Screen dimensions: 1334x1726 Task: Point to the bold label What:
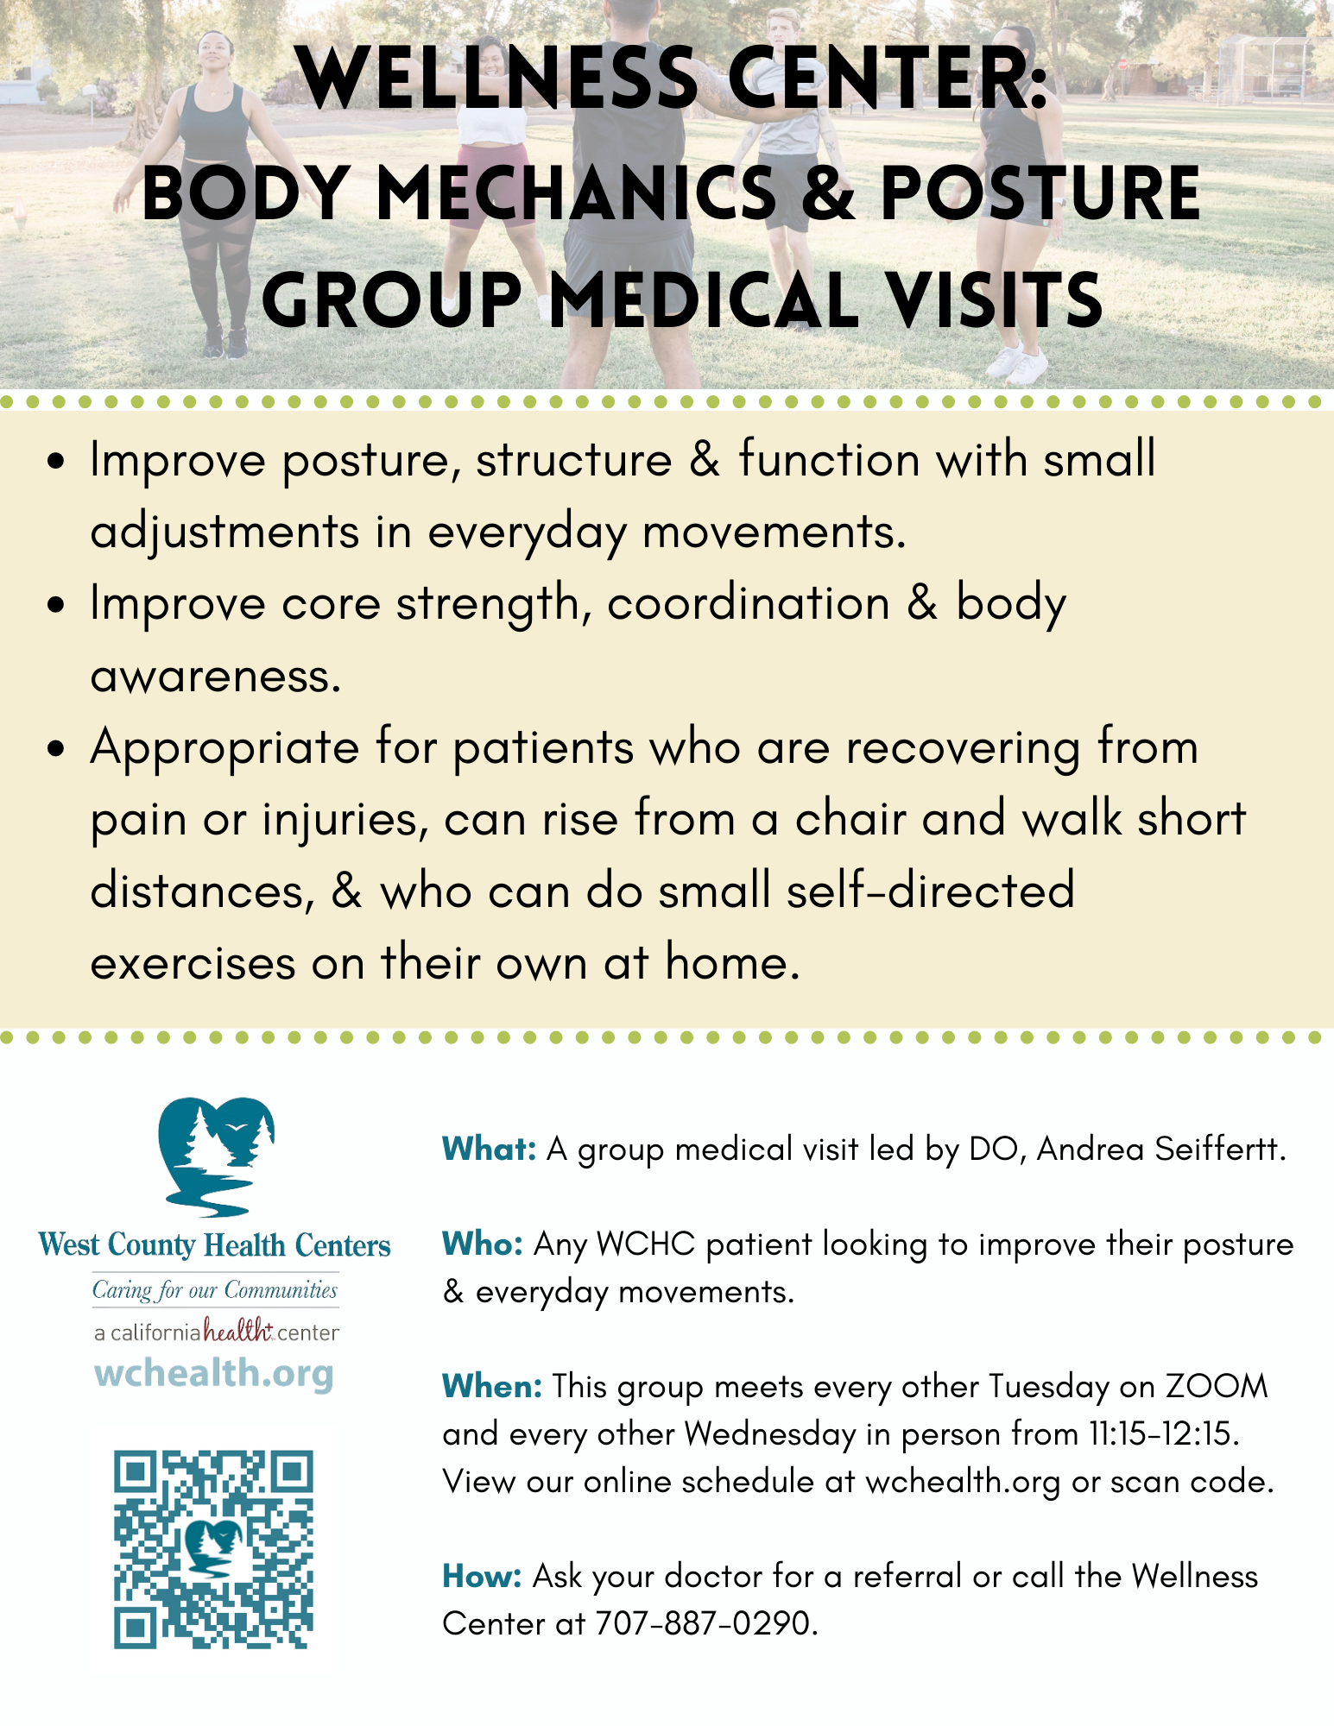(490, 1149)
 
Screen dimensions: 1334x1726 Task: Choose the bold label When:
(492, 1386)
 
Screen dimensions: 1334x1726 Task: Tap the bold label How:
(482, 1576)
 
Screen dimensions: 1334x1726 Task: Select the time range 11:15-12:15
(1164, 1433)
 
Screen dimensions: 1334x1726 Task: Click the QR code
(213, 1549)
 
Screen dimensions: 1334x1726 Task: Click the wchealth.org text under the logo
(214, 1372)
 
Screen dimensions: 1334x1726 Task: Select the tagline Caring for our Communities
(215, 1290)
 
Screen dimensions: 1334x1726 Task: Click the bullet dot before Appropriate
(57, 747)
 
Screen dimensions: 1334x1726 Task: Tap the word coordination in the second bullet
(749, 603)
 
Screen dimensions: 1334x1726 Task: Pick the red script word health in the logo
(238, 1331)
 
